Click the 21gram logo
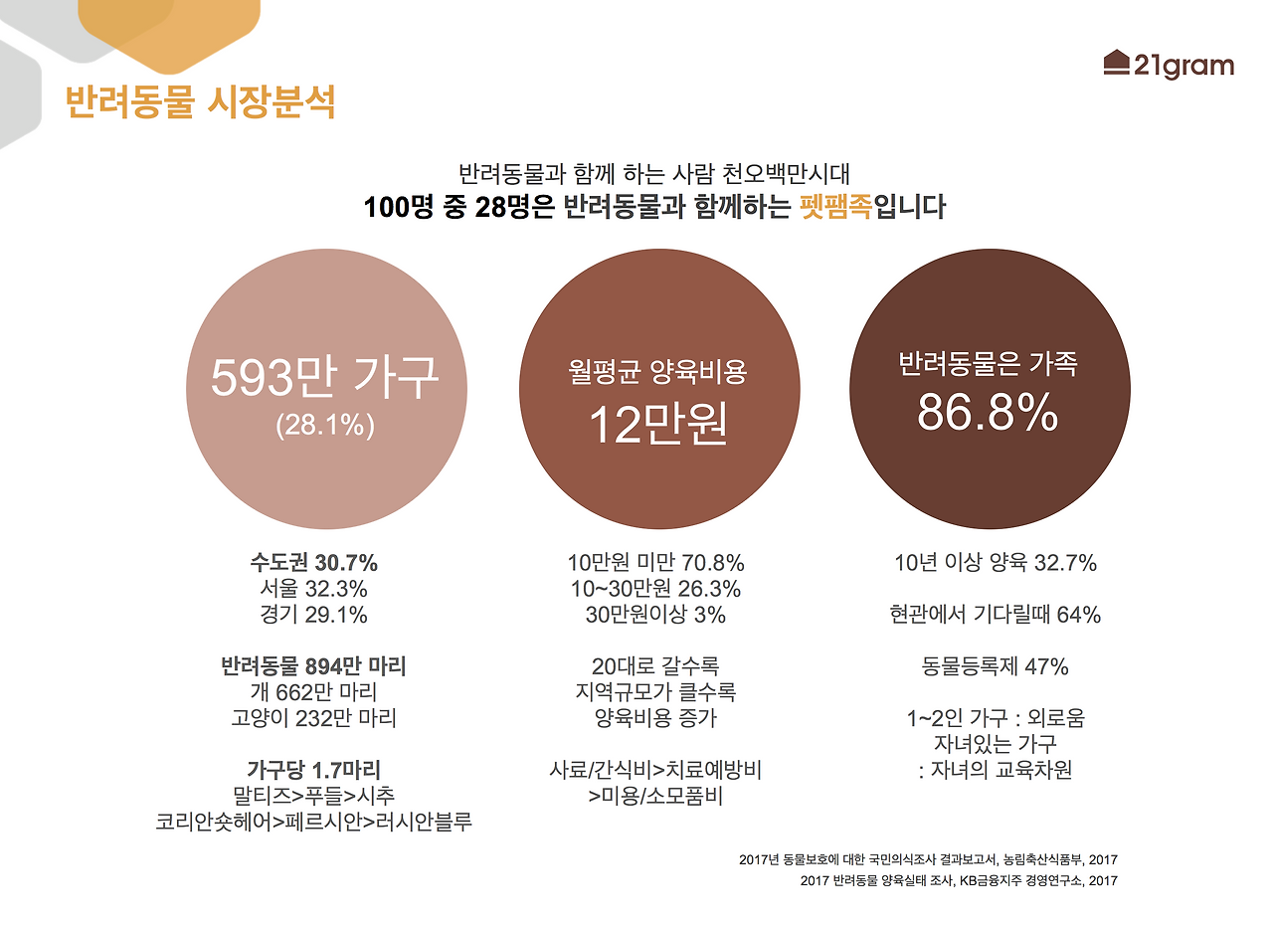1169,66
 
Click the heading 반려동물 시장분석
200,102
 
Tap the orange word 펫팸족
836,209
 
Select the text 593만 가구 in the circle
325,378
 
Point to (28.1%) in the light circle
325,426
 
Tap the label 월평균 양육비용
657,372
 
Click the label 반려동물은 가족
988,364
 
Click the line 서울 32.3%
312,589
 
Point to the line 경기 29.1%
312,615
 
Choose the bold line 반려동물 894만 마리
312,666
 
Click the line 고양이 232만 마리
312,718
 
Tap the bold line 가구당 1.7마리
312,770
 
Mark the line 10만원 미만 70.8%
655,563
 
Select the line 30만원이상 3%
655,615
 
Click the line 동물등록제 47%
996,666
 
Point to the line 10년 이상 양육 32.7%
996,563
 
